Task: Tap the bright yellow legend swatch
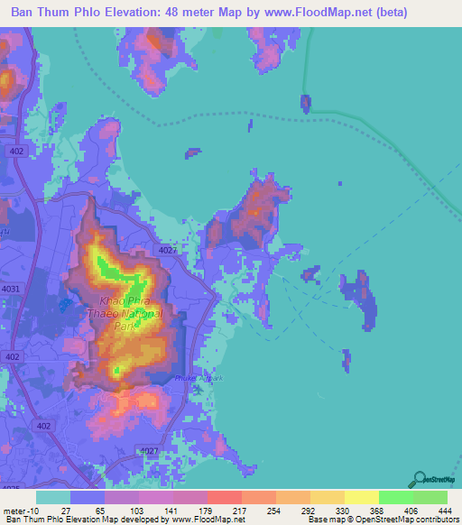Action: pyautogui.click(x=361, y=497)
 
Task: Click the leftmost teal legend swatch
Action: pyautogui.click(x=53, y=497)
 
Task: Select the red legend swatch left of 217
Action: pyautogui.click(x=225, y=497)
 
